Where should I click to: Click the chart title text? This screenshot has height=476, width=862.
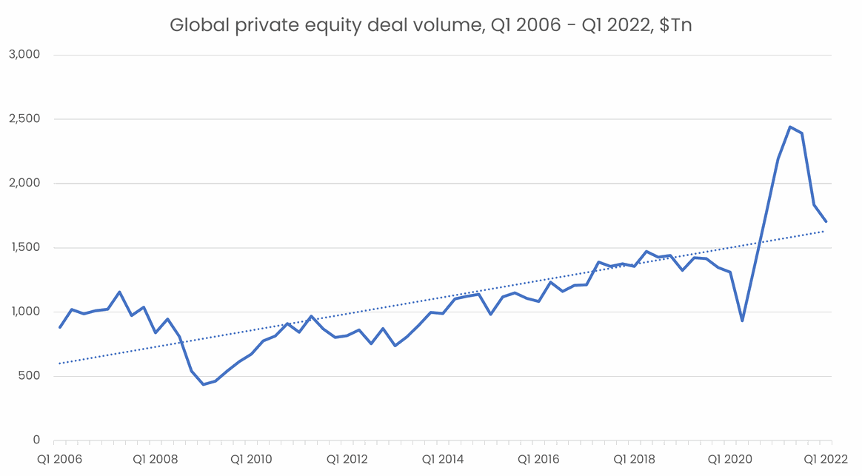point(430,25)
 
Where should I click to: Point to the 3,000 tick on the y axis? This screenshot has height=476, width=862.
point(26,55)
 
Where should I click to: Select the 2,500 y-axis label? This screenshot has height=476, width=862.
point(26,119)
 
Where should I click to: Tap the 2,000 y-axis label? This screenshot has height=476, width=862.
point(26,184)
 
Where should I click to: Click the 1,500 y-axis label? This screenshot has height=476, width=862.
point(26,248)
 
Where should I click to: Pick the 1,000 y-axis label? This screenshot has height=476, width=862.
point(26,312)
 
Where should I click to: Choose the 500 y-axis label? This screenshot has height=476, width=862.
point(30,376)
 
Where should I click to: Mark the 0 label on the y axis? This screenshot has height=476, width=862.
point(36,440)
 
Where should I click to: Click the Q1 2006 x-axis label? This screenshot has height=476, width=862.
point(60,460)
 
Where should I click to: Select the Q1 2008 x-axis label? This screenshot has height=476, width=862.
point(156,460)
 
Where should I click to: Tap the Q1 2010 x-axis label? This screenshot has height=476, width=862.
point(251,460)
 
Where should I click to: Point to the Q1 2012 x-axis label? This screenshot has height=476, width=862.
point(347,460)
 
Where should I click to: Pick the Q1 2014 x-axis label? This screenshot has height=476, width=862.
point(442,460)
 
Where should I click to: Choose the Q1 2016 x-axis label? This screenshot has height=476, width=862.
point(538,460)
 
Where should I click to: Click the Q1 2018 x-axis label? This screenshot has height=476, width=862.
point(633,460)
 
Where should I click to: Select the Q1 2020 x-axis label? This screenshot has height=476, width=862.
point(729,460)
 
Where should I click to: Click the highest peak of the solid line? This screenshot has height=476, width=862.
point(790,127)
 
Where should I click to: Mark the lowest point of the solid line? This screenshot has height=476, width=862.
point(203,384)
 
